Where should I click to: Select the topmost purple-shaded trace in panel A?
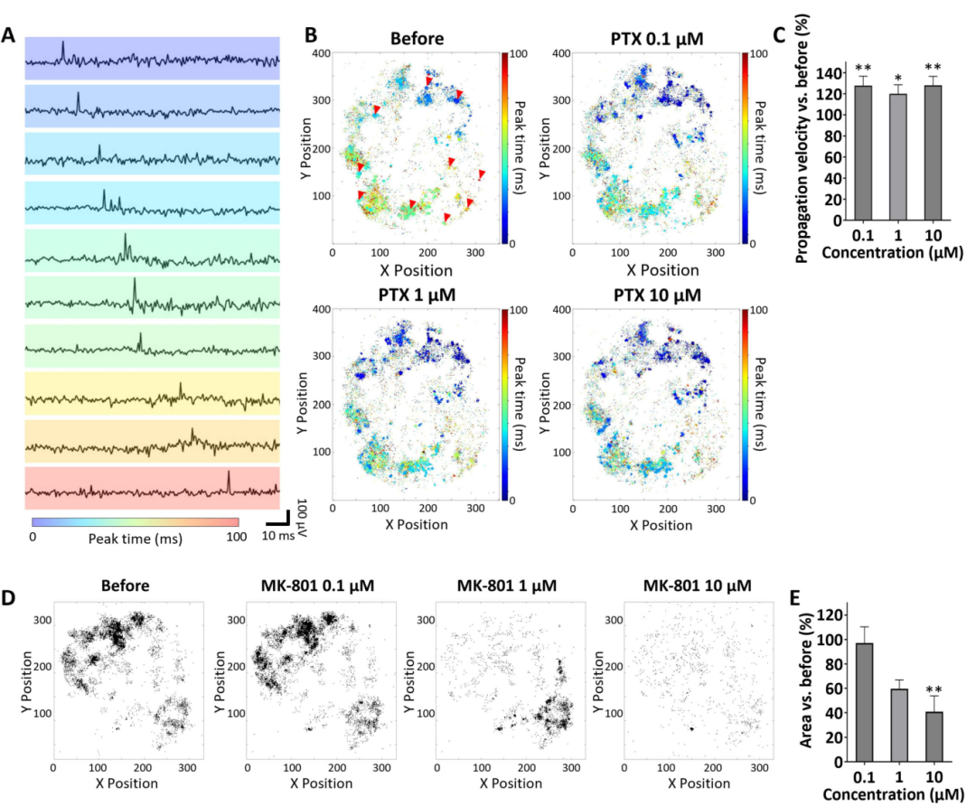[x=152, y=58]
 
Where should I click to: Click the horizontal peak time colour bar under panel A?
[x=135, y=521]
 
